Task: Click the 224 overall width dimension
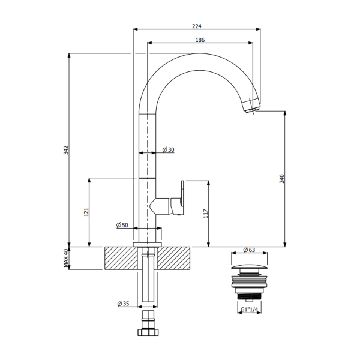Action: [196, 26]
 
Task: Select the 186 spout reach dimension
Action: [200, 40]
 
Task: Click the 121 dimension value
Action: [86, 212]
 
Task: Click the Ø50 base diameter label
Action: [122, 226]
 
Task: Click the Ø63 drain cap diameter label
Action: [249, 250]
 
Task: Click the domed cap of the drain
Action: [249, 265]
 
